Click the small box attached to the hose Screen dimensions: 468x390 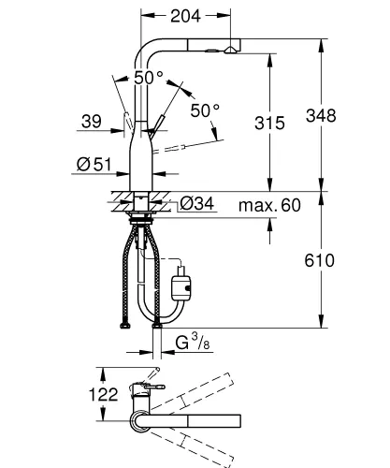pos(184,278)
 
